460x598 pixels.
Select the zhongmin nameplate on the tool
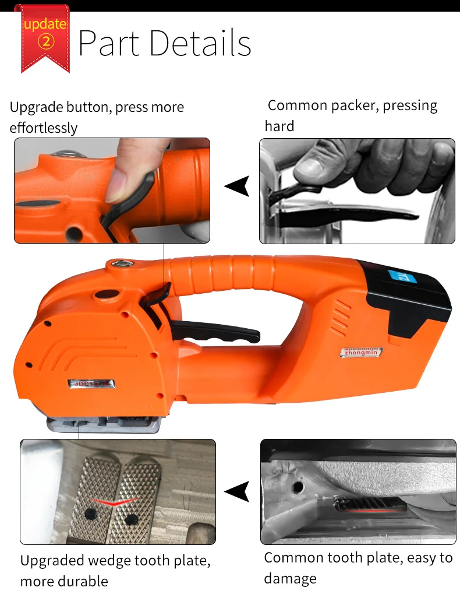click(x=362, y=352)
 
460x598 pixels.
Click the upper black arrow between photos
click(x=238, y=187)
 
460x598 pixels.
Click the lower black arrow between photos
click(x=238, y=491)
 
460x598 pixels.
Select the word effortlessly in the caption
click(x=44, y=128)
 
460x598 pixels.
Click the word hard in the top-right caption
click(x=279, y=126)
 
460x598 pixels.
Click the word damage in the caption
click(x=290, y=578)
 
